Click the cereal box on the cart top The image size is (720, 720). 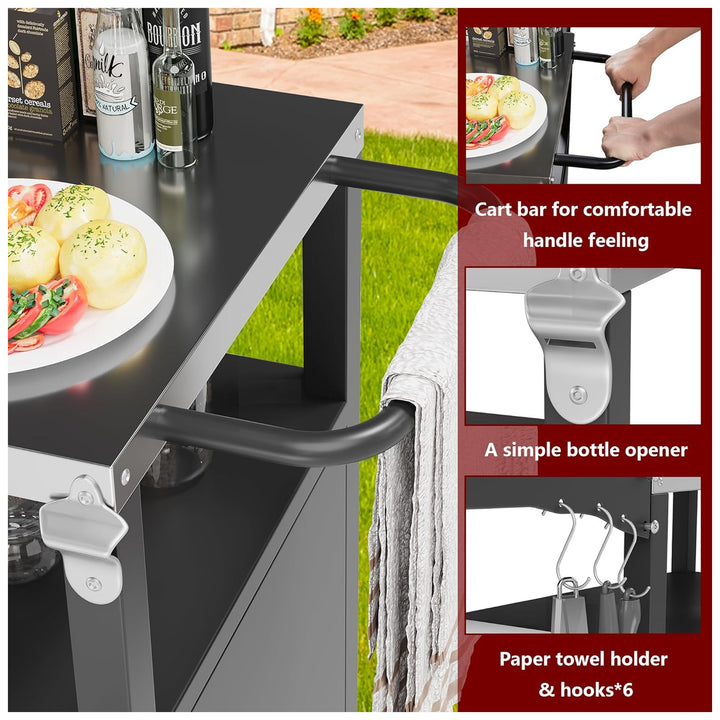(40, 70)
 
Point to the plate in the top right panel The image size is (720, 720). (505, 115)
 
